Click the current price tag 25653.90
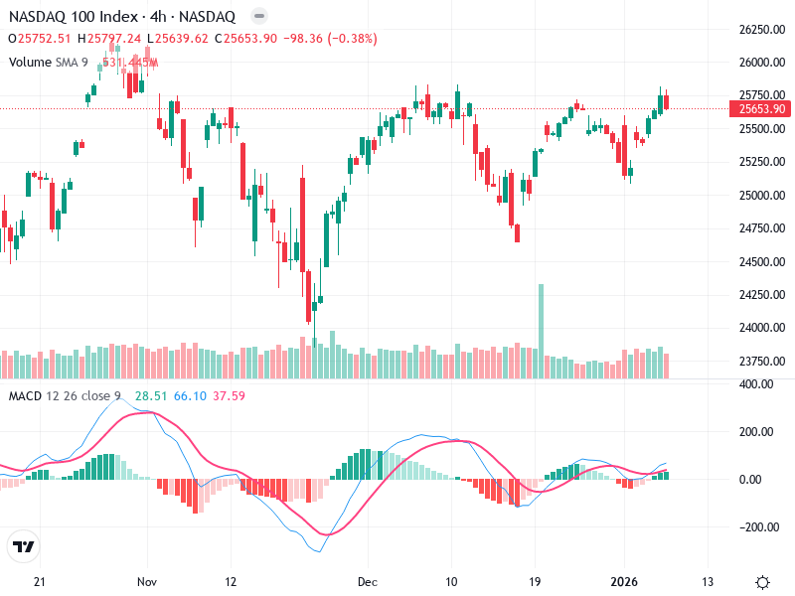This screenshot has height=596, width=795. pyautogui.click(x=758, y=108)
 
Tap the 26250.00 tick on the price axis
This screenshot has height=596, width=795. pyautogui.click(x=758, y=29)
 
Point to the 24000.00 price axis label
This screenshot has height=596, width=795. pyautogui.click(x=758, y=328)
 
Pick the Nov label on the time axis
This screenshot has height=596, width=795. pyautogui.click(x=148, y=581)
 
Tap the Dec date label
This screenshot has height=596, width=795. pyautogui.click(x=368, y=581)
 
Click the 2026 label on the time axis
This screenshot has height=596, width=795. pyautogui.click(x=624, y=581)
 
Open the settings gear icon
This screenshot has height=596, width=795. pyautogui.click(x=762, y=581)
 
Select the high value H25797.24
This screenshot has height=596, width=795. pyautogui.click(x=113, y=39)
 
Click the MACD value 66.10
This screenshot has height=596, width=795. pyautogui.click(x=190, y=396)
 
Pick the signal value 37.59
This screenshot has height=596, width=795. pyautogui.click(x=229, y=396)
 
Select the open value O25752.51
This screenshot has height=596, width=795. pyautogui.click(x=40, y=39)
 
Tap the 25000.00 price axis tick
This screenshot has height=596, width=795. pyautogui.click(x=758, y=195)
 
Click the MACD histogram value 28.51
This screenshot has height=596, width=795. pyautogui.click(x=150, y=396)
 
